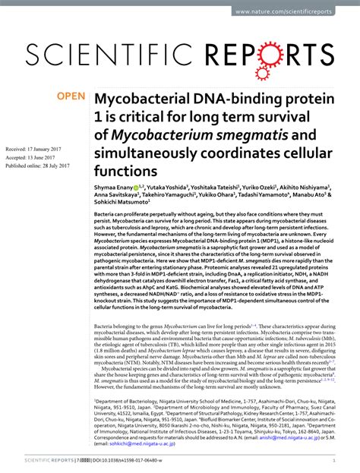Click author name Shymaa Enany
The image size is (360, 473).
coord(112,186)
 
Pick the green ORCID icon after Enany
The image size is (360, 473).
coord(136,186)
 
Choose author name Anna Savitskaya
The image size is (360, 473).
coord(117,195)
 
